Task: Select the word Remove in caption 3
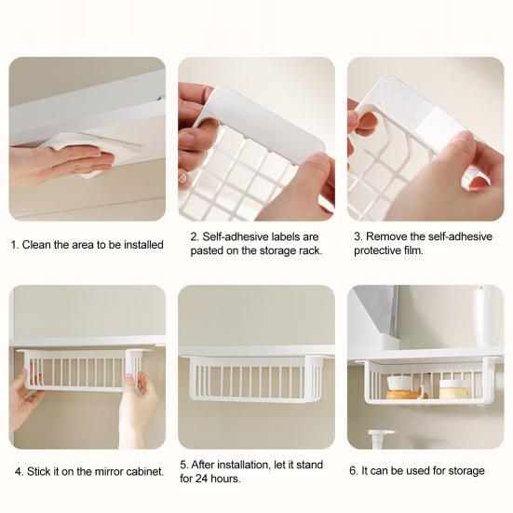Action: (x=386, y=236)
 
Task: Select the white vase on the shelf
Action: (x=486, y=316)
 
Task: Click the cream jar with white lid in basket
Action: (x=455, y=387)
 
